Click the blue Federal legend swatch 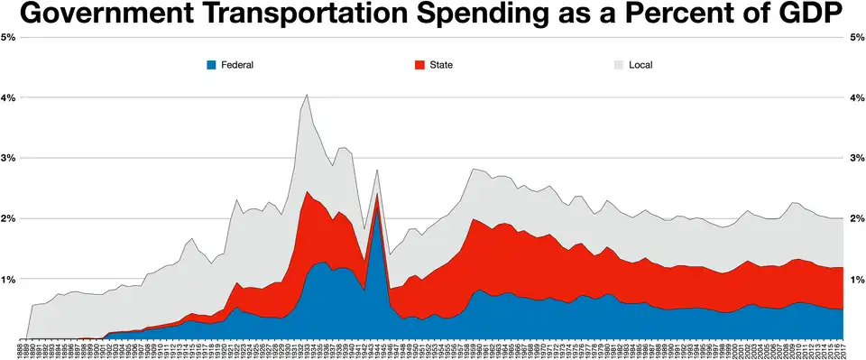coord(212,65)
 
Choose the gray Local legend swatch coord(619,65)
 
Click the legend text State coord(441,65)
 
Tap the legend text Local coord(640,65)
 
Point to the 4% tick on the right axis coord(857,97)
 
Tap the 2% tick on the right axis coord(857,219)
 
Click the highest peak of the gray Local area coord(307,96)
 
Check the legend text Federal coord(237,65)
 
